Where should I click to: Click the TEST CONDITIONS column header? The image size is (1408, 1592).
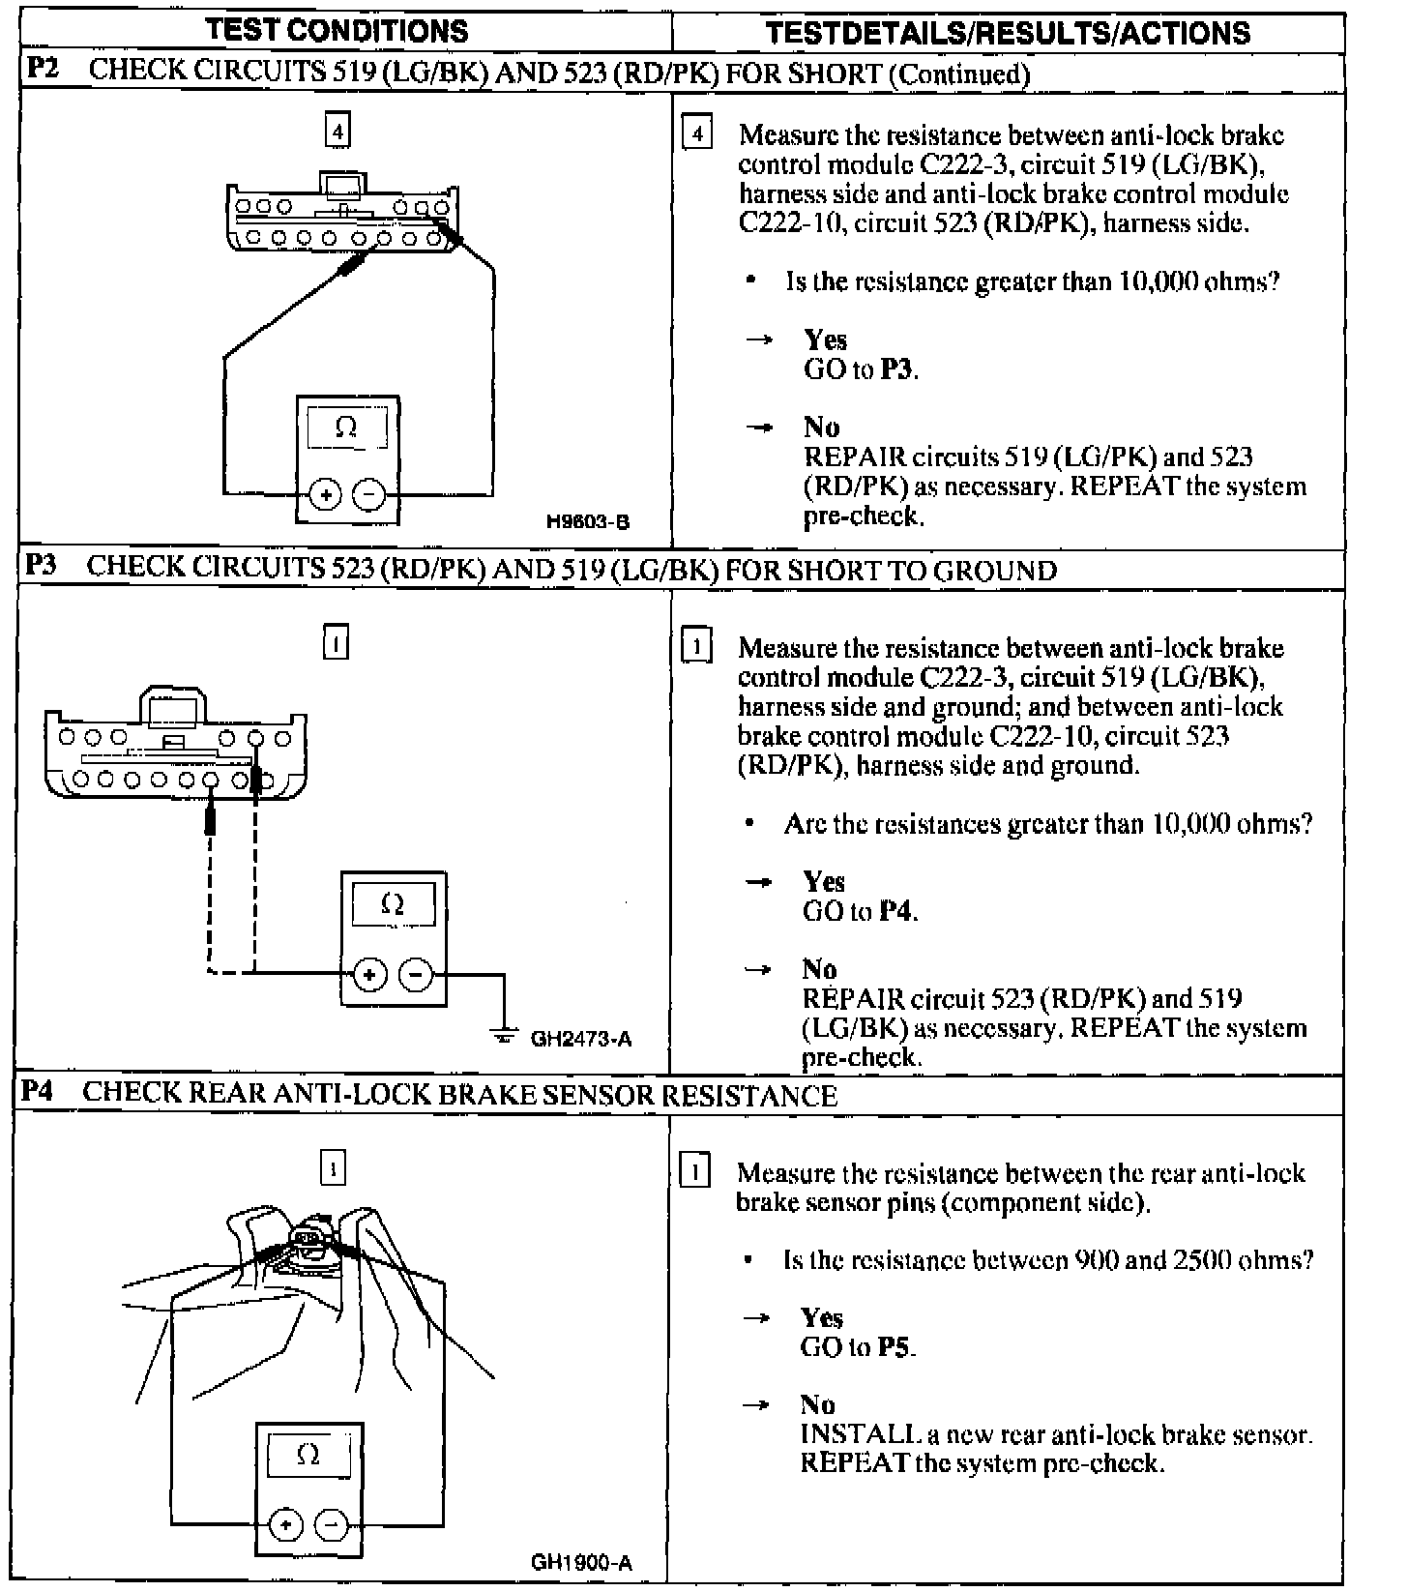pyautogui.click(x=337, y=31)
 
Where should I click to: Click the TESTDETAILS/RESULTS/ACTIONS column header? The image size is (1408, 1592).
pyautogui.click(x=1008, y=33)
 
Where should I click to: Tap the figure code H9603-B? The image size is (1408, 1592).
pyautogui.click(x=588, y=522)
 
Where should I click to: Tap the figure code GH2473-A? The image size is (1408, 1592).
pyautogui.click(x=581, y=1040)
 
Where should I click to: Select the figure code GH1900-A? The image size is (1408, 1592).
pyautogui.click(x=581, y=1563)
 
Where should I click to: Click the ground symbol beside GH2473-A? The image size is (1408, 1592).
pyautogui.click(x=504, y=1036)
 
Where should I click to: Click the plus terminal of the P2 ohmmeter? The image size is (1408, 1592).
pyautogui.click(x=326, y=495)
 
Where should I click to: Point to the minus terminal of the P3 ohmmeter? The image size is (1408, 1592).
pyautogui.click(x=416, y=974)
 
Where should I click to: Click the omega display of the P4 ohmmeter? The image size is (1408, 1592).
pyautogui.click(x=308, y=1455)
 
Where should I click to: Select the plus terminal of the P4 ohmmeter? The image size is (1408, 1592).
pyautogui.click(x=285, y=1525)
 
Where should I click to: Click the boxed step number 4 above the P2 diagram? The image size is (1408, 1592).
pyautogui.click(x=337, y=131)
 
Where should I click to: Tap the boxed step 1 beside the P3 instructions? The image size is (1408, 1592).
pyautogui.click(x=696, y=645)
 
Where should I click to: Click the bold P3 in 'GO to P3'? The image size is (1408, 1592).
pyautogui.click(x=896, y=369)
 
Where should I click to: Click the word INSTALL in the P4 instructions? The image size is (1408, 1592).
pyautogui.click(x=846, y=1434)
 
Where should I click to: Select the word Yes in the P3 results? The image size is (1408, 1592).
pyautogui.click(x=824, y=882)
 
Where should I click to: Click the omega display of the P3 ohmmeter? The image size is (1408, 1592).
pyautogui.click(x=393, y=905)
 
